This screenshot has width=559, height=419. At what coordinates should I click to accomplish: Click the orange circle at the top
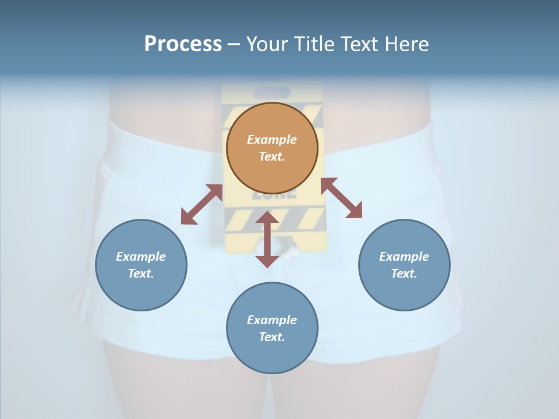pos(272,148)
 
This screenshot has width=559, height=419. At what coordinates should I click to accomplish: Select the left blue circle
pos(141,265)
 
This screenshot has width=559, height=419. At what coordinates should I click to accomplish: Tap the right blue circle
pos(404,265)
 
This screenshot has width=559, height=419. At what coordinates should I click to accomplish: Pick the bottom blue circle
pos(272,328)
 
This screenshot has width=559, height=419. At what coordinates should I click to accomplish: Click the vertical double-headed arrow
pos(267,239)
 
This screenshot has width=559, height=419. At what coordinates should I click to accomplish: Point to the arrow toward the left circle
pos(201,204)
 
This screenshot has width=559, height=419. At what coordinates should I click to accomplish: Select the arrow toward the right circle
pos(341,198)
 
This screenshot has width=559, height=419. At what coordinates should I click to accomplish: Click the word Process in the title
pos(183,44)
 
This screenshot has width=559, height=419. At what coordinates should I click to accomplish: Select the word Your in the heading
pos(265,44)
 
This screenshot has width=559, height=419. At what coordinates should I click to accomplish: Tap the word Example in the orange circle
pos(272,140)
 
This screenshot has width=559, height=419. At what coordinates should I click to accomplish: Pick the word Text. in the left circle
pos(141,274)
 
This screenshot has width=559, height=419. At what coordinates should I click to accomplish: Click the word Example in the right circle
pos(404,257)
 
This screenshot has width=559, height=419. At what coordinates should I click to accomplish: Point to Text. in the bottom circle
pos(272,337)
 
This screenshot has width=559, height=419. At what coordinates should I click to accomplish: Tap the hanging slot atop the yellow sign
pos(273,93)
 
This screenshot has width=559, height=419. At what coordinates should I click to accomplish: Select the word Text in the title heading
pos(359,44)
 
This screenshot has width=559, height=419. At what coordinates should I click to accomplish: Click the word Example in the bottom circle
pos(272,320)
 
